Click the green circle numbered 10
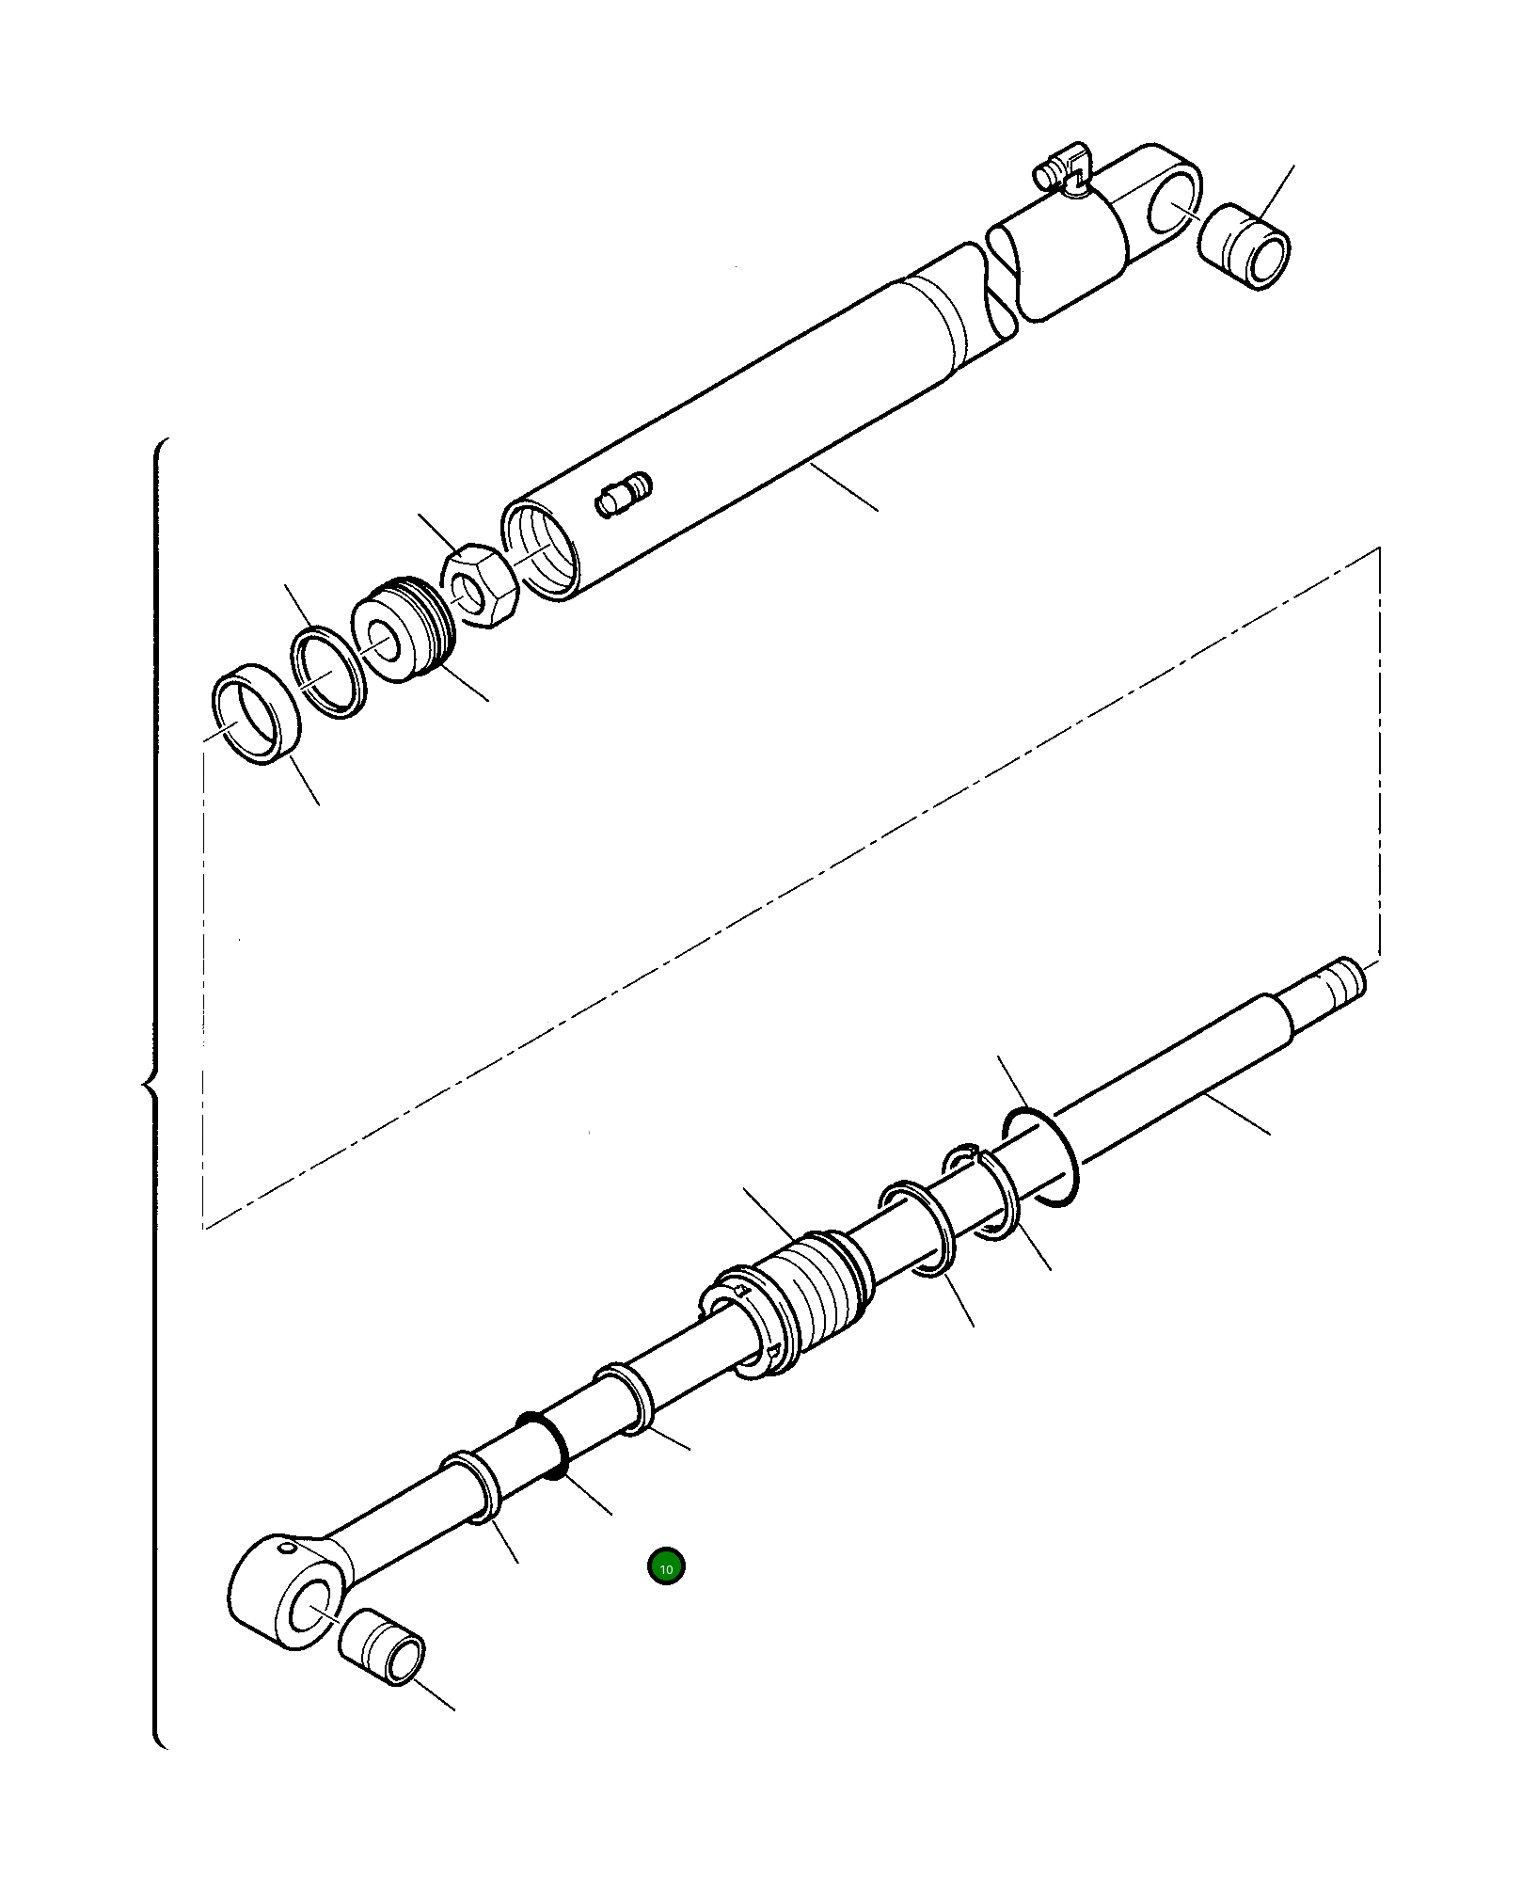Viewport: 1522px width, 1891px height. click(666, 1566)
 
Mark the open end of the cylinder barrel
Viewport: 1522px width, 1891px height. click(540, 550)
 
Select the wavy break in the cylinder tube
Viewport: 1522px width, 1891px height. click(1001, 282)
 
